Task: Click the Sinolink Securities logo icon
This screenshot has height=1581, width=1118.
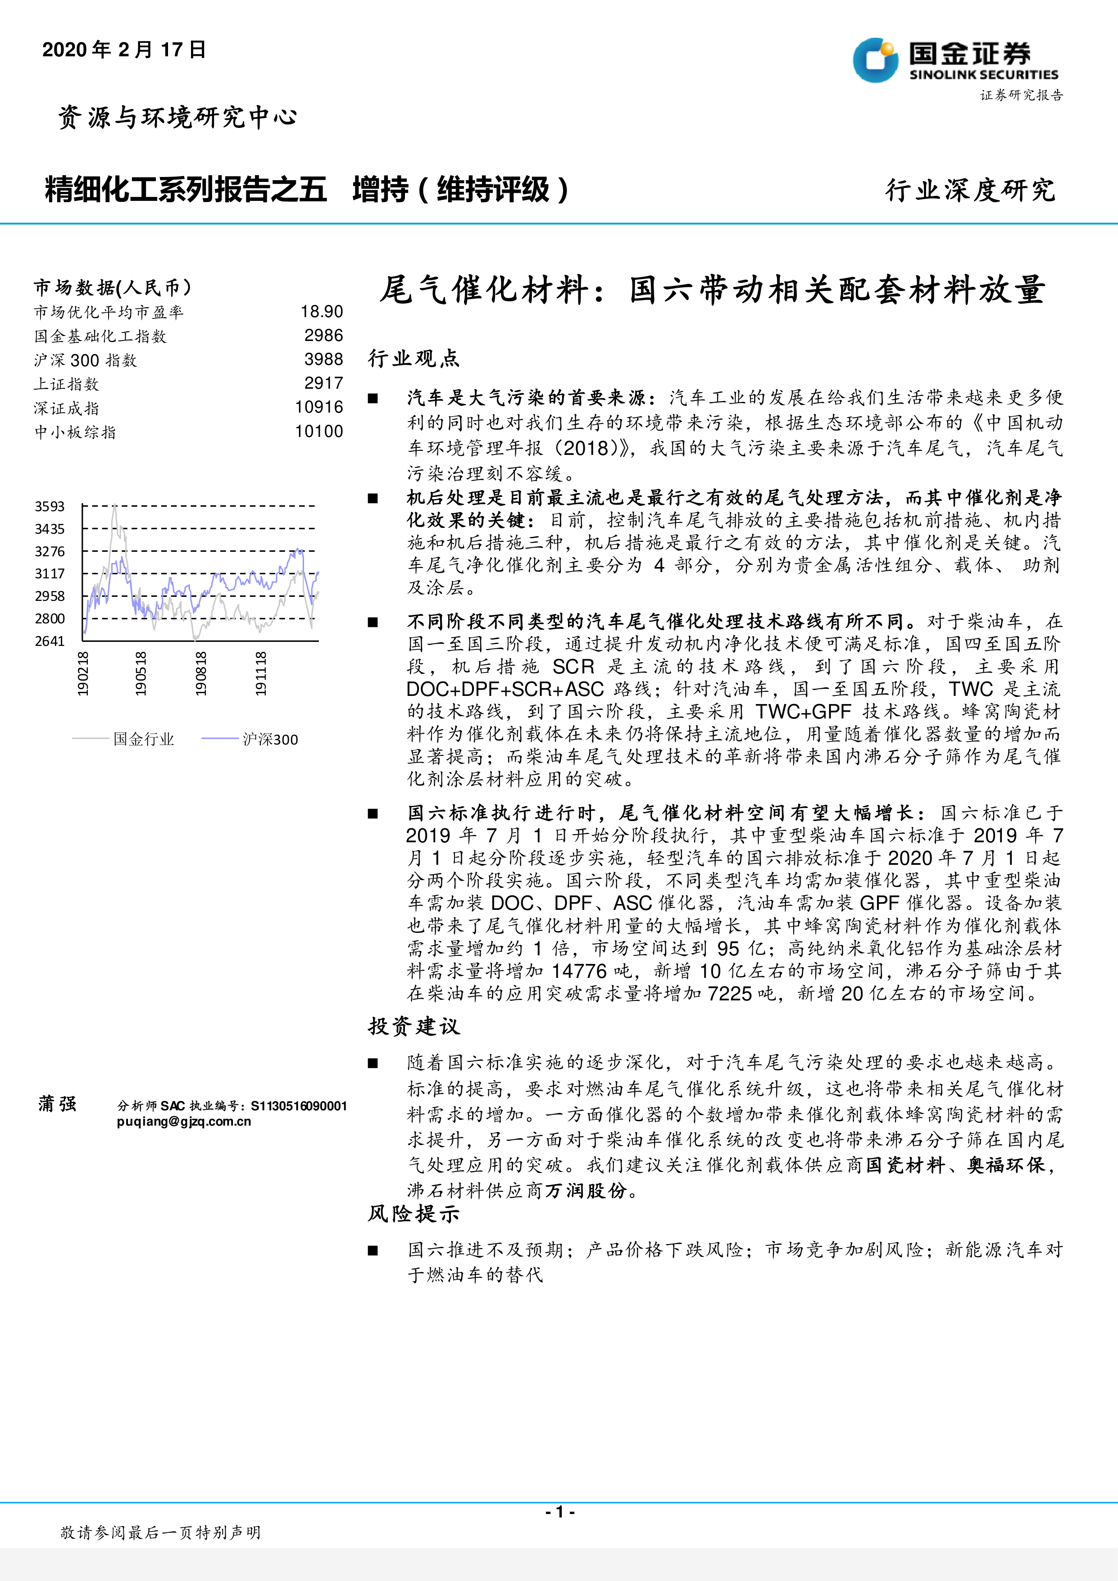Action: [875, 61]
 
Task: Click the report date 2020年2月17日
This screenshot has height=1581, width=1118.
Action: [124, 50]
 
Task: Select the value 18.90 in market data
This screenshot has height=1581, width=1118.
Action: [322, 312]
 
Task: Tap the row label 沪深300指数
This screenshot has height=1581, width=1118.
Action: [86, 360]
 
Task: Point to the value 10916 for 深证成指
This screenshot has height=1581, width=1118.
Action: [319, 407]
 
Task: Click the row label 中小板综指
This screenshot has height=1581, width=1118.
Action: [75, 432]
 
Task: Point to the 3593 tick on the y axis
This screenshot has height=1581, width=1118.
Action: [50, 506]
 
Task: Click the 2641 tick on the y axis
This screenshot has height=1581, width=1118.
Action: [50, 641]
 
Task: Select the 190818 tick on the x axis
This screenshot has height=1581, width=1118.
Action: [200, 673]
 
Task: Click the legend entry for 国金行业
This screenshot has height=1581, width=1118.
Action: [143, 739]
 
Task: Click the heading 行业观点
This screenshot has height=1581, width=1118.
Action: [414, 358]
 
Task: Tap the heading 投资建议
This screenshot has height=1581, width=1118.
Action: [414, 1026]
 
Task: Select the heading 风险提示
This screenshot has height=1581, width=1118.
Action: [414, 1213]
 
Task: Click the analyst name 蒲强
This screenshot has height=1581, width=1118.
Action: [58, 1104]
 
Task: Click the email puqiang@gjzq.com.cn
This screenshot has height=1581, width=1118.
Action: [184, 1121]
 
